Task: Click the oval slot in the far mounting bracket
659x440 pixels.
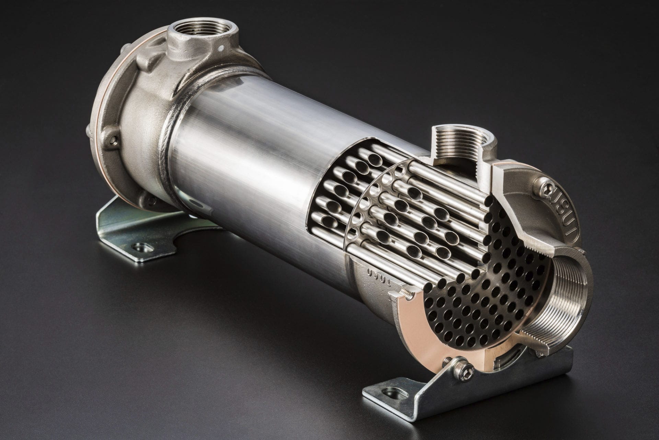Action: tap(140, 246)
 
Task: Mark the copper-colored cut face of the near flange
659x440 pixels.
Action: tap(415, 321)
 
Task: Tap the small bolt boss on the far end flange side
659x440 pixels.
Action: tap(111, 138)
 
